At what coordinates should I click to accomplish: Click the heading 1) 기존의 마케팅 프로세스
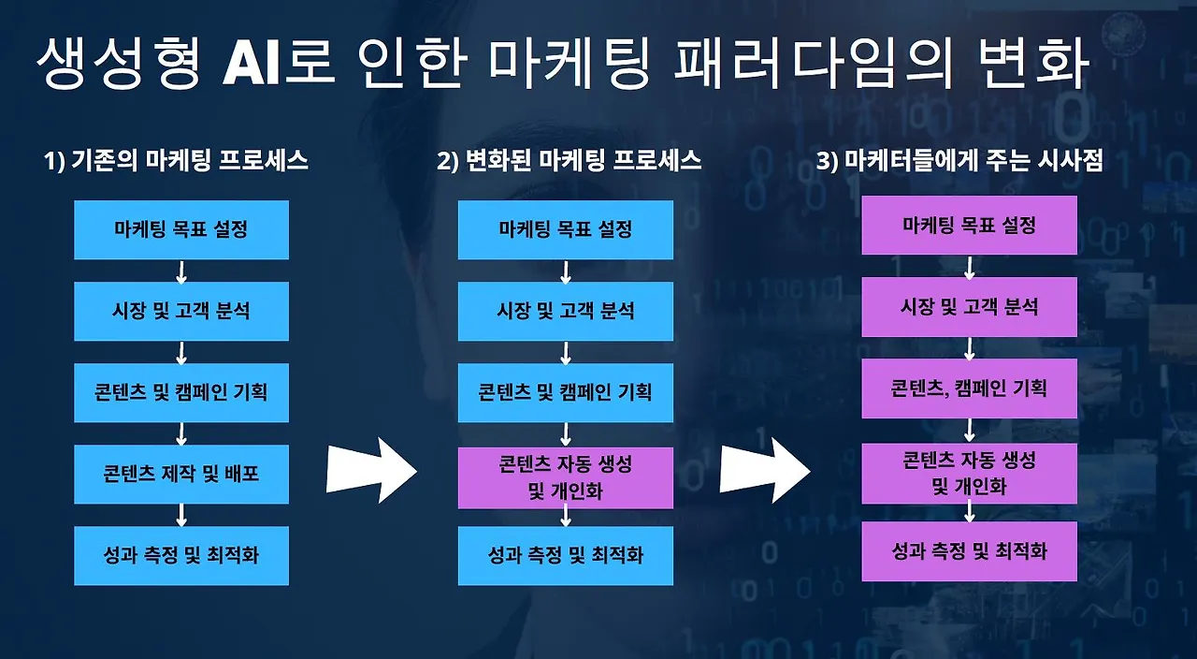[x=177, y=161]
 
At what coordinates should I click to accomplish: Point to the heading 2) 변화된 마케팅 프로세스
[x=569, y=161]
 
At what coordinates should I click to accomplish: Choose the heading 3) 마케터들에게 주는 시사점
[x=960, y=161]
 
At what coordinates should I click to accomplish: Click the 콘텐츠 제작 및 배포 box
[x=181, y=474]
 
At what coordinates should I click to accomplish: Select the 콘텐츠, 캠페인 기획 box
[x=969, y=388]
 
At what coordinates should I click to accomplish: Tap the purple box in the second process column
[x=565, y=477]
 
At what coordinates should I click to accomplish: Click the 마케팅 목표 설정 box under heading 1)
[x=181, y=229]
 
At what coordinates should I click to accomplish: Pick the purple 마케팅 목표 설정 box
[x=969, y=226]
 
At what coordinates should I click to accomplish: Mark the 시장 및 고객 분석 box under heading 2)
[x=565, y=311]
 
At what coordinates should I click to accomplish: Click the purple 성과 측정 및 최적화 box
[x=969, y=550]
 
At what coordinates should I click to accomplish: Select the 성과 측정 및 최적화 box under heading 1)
[x=181, y=555]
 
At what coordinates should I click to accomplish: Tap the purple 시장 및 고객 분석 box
[x=969, y=306]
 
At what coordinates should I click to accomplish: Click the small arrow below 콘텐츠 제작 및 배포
[x=181, y=515]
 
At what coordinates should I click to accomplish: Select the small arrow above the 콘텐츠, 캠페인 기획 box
[x=970, y=348]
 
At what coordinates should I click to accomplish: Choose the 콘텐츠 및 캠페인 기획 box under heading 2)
[x=565, y=392]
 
